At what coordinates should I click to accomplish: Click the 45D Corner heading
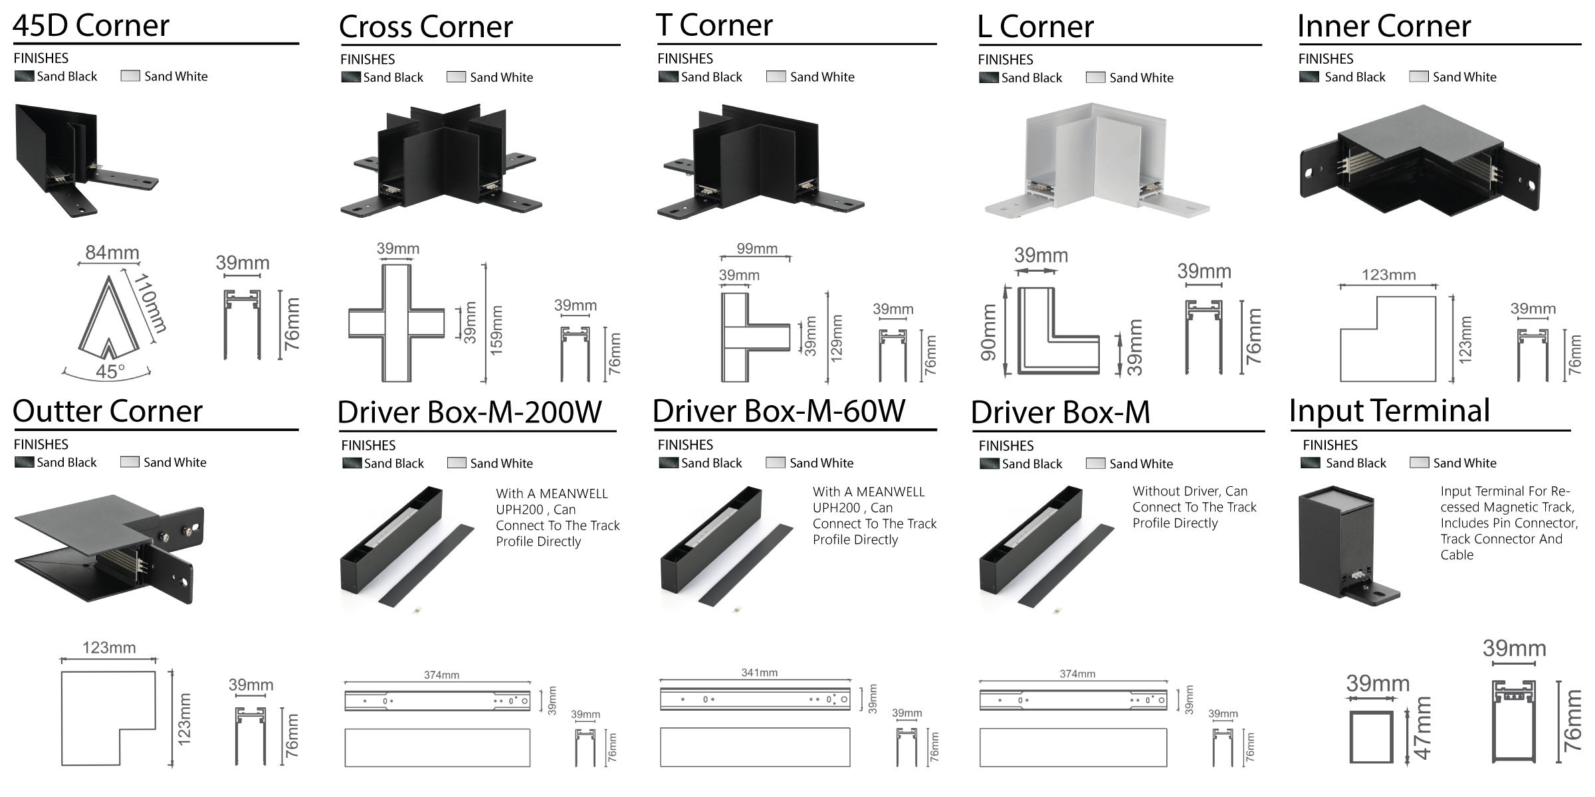coord(91,26)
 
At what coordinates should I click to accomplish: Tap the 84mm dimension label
coord(112,253)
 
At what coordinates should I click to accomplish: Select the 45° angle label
coord(110,371)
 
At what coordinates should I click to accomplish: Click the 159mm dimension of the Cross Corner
coord(496,330)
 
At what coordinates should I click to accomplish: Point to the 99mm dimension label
coord(756,249)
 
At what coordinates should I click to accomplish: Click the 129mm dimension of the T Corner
coord(836,337)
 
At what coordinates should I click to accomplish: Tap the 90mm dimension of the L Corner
coord(989,332)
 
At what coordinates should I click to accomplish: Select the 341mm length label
coord(759,673)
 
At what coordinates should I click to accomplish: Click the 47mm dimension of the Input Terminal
coord(1422,728)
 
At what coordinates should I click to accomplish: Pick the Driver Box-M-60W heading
coord(778,411)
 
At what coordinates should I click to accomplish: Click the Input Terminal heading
coord(1389,410)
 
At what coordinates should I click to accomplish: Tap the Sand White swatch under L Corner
coord(1095,78)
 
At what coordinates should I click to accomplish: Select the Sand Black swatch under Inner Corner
coord(1309,77)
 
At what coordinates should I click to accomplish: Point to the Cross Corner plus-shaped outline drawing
coord(397,323)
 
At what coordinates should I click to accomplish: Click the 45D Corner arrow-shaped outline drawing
coord(108,319)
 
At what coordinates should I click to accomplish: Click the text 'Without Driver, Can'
coord(1190,491)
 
